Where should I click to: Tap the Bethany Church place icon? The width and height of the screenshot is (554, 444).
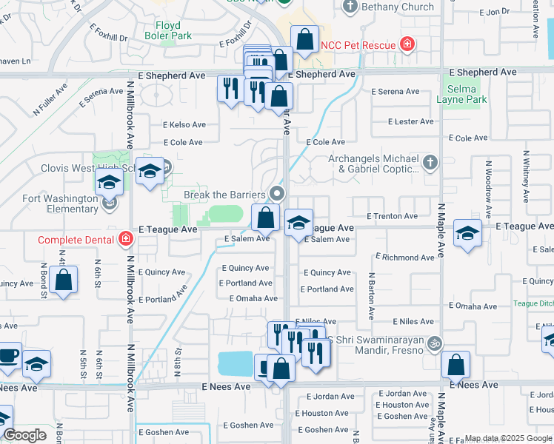[351, 7]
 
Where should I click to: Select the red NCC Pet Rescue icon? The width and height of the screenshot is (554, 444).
[406, 44]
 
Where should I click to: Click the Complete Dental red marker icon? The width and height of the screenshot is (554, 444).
[126, 239]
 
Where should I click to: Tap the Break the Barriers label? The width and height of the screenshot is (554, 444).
[224, 195]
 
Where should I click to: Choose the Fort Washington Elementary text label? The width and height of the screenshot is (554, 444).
[60, 203]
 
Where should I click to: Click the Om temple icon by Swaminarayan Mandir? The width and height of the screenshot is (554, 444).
[435, 343]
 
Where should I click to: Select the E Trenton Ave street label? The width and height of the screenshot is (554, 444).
[392, 216]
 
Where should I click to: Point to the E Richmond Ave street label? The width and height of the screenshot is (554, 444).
[404, 258]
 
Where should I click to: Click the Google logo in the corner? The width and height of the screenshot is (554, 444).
[24, 435]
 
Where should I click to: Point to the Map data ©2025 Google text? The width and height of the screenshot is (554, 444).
[508, 438]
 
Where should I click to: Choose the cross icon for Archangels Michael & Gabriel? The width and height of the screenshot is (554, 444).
[430, 161]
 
